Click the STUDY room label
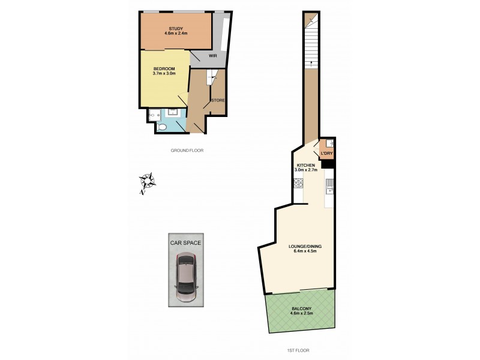click(x=176, y=28)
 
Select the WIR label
click(x=212, y=56)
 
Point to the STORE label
click(x=218, y=100)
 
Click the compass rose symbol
click(x=147, y=181)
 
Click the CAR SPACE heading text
click(x=185, y=243)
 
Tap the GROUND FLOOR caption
click(x=187, y=151)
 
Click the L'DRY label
click(x=326, y=154)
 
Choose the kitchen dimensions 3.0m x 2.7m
click(x=306, y=170)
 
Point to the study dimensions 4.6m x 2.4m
click(x=176, y=34)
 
